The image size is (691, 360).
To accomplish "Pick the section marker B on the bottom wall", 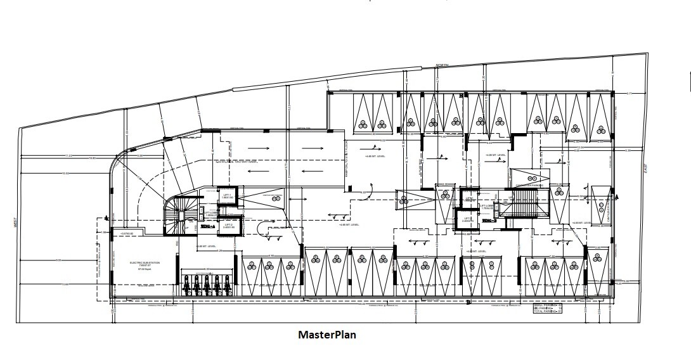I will pos(468,301).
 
